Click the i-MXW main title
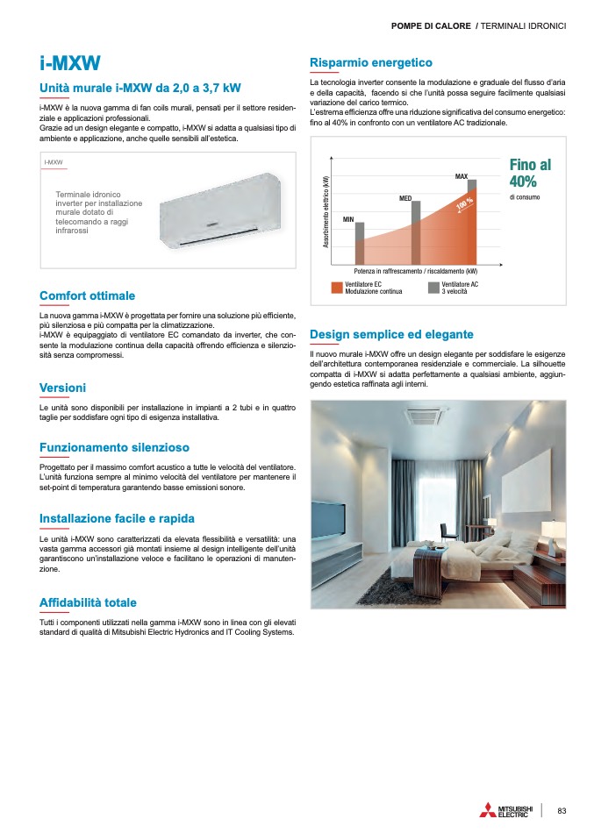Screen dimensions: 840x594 point(70,63)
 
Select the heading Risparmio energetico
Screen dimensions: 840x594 point(371,62)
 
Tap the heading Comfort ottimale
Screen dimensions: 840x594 point(88,296)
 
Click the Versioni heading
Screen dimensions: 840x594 point(62,388)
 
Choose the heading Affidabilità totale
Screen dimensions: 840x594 point(88,602)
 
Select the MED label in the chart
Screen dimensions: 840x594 point(405,199)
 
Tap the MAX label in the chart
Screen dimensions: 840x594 point(462,177)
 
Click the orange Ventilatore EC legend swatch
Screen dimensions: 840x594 point(337,287)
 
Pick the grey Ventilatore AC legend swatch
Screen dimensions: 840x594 point(433,287)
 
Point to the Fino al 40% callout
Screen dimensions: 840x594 point(530,174)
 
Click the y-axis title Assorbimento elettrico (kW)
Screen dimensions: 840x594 point(326,215)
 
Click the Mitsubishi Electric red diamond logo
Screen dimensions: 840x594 point(488,810)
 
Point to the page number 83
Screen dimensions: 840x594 point(562,810)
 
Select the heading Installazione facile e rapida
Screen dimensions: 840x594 point(117,518)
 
